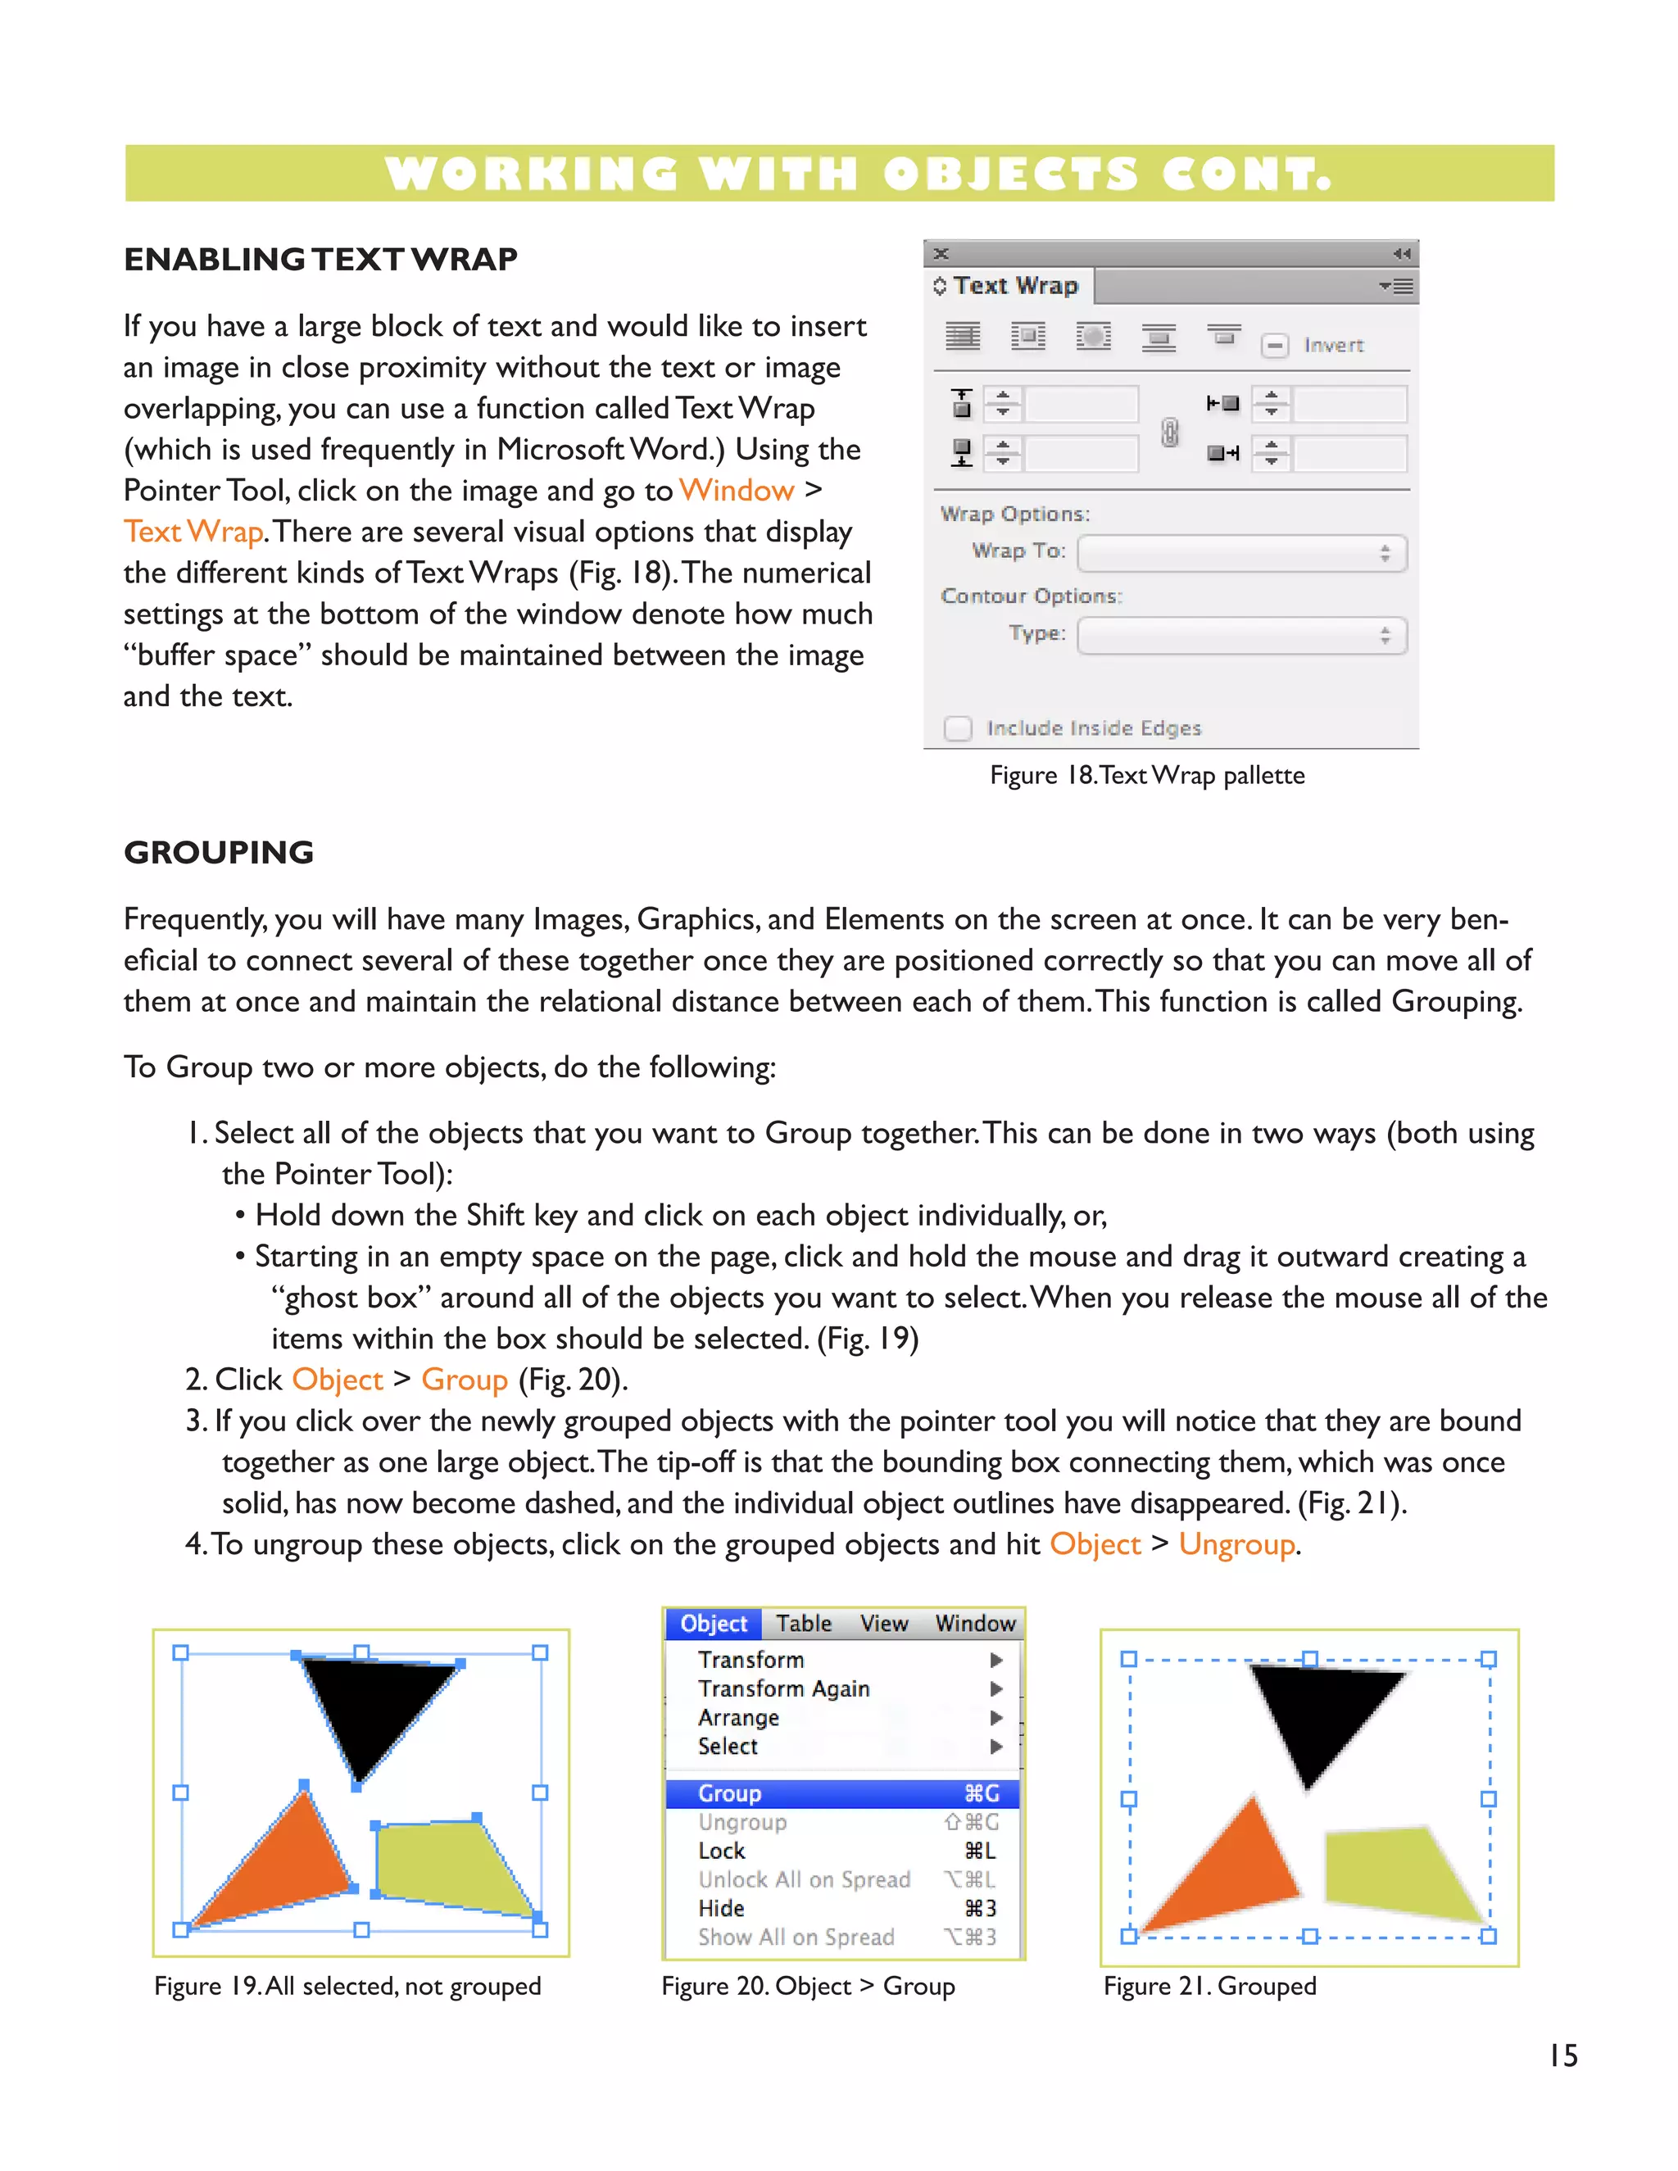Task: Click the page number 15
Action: coord(1562,2055)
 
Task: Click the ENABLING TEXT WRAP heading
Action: coord(320,260)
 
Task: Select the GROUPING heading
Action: coord(219,852)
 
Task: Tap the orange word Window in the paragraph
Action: coord(736,490)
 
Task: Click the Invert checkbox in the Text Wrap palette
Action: coord(1274,345)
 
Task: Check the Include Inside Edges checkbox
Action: coord(957,727)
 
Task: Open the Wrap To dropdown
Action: coord(1240,554)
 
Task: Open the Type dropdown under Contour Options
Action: coord(1240,637)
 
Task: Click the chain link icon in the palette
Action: coord(1170,432)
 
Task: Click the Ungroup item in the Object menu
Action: coord(742,1822)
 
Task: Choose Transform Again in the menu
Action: coord(783,1689)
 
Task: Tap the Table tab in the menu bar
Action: coord(803,1623)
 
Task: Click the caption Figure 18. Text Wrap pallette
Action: coord(1146,775)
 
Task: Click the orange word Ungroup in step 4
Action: coord(1236,1545)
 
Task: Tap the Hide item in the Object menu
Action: coord(722,1909)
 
